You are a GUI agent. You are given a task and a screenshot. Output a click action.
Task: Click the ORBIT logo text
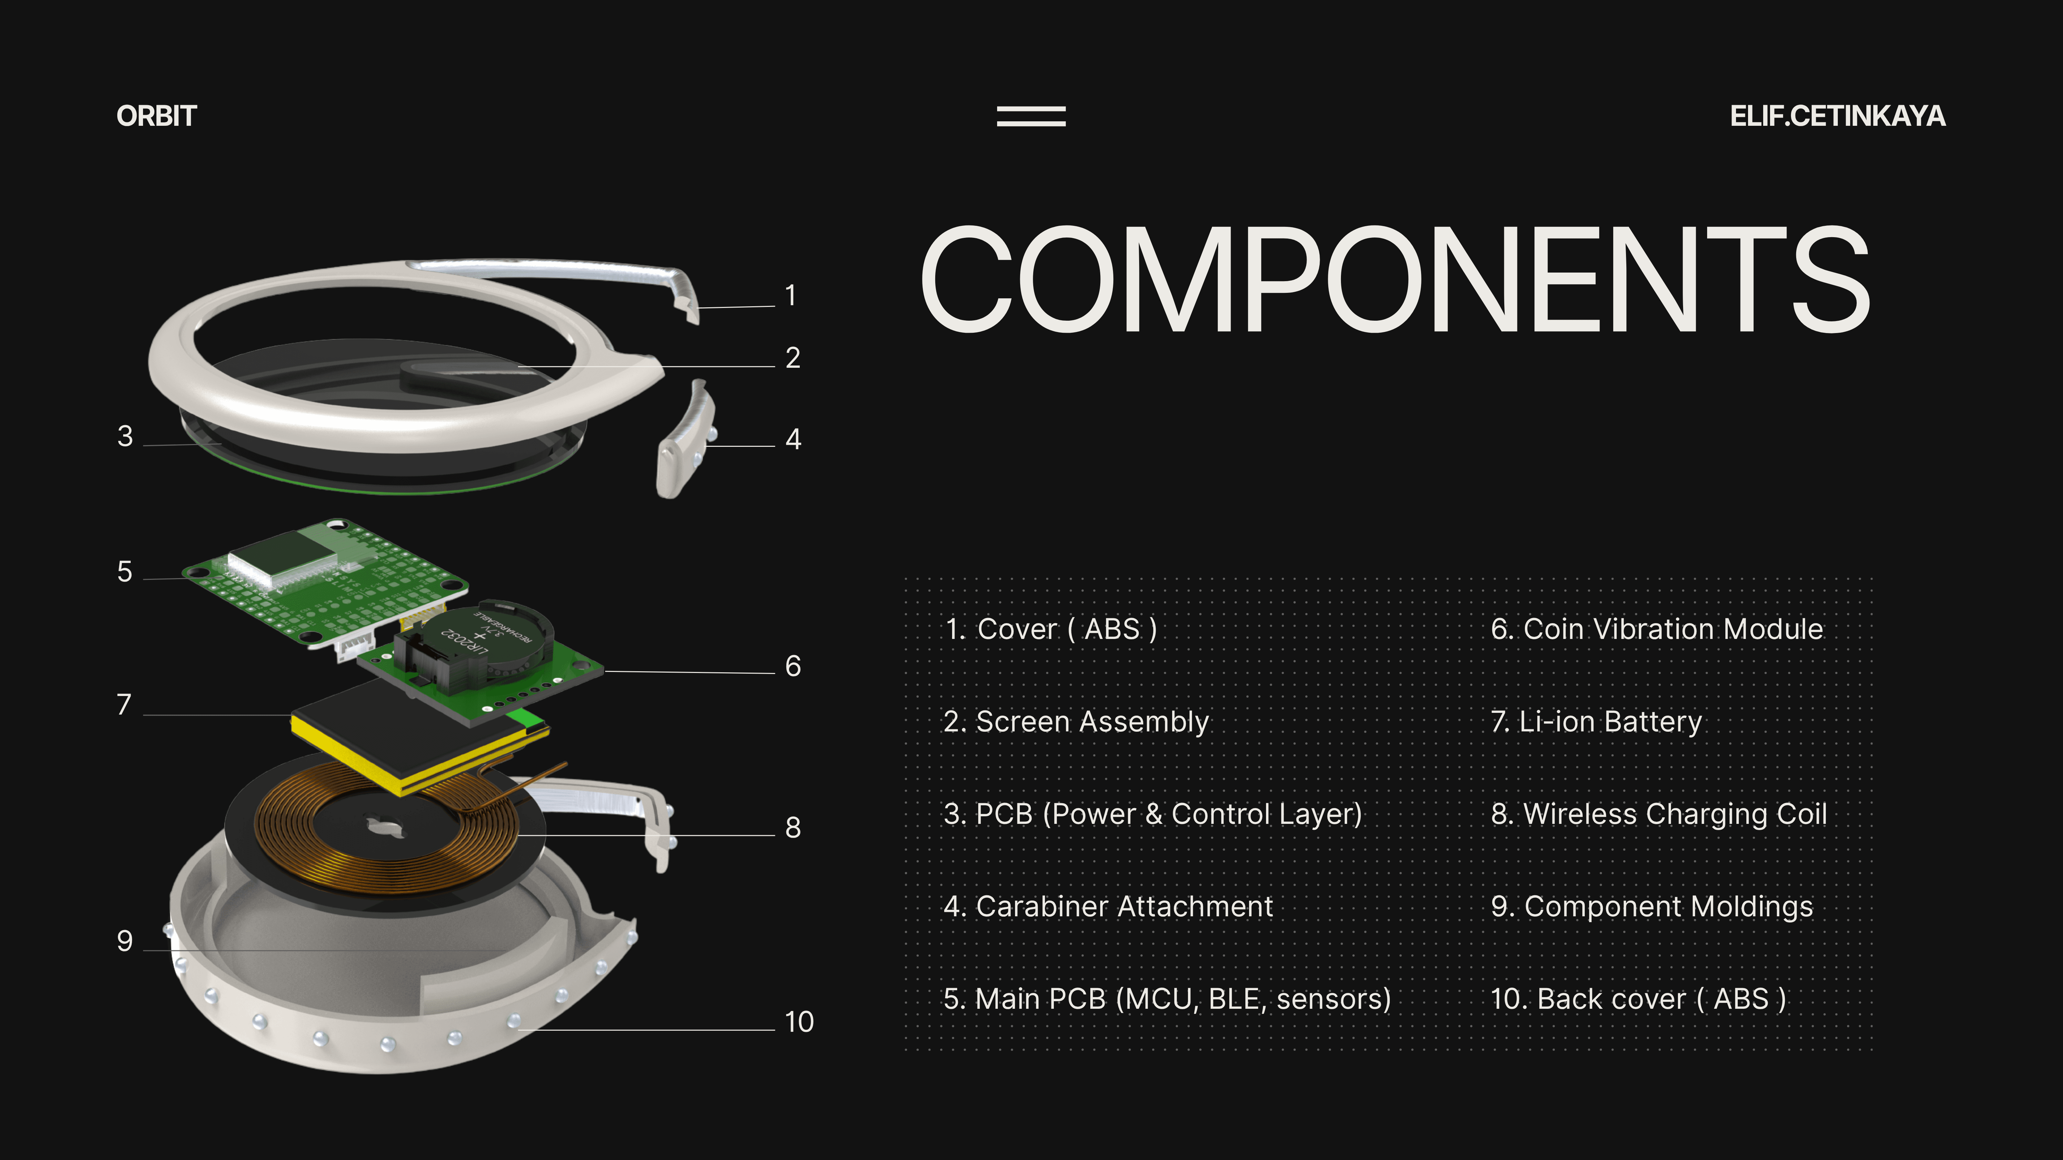156,116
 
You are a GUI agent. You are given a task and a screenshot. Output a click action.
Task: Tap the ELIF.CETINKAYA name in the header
1837,116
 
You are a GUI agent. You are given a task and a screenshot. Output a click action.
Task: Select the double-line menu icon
1031,116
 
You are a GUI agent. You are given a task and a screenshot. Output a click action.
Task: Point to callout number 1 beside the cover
790,295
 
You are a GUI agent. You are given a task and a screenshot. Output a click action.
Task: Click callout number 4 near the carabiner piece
793,439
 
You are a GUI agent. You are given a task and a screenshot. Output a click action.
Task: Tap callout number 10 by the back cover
798,1021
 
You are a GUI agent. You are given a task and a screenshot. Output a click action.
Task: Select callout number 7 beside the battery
124,705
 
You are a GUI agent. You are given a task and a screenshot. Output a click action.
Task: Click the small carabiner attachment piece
685,440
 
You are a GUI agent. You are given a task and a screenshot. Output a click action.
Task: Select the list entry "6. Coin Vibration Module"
1656,629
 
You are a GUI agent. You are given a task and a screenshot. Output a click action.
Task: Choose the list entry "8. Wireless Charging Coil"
1659,814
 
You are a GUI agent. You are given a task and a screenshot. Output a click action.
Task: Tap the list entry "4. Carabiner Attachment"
1107,907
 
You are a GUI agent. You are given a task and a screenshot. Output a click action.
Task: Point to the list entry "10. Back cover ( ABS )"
1638,999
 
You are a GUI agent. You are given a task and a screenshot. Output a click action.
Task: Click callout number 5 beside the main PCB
124,572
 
